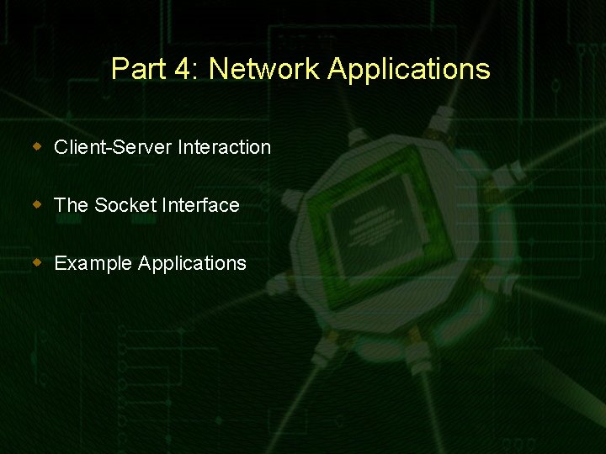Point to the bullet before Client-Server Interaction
click(x=37, y=146)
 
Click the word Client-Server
click(x=113, y=147)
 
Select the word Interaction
click(x=225, y=147)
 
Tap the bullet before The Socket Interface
click(x=37, y=204)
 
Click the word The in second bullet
click(x=71, y=205)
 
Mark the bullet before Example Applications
click(x=37, y=262)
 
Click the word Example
click(x=93, y=264)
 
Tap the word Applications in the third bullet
click(x=192, y=264)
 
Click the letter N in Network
click(x=217, y=69)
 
